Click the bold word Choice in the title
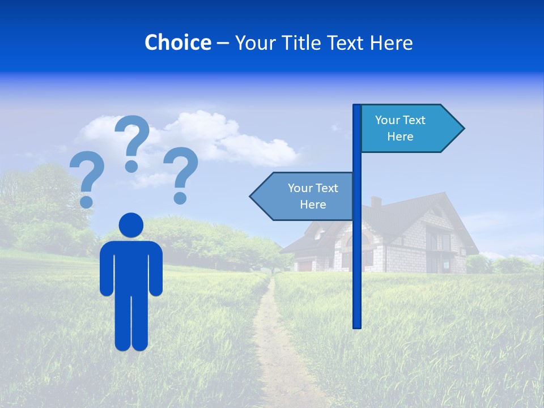(x=177, y=42)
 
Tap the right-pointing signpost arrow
(x=408, y=129)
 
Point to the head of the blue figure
(x=131, y=225)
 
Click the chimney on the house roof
(x=376, y=202)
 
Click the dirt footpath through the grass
(x=272, y=340)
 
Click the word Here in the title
(x=390, y=42)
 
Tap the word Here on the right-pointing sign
(x=400, y=137)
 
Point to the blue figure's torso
(x=131, y=263)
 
